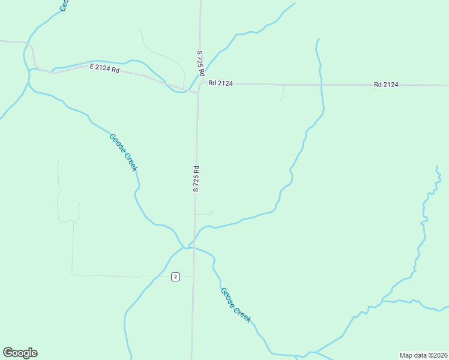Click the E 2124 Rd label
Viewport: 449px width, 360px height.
click(105, 68)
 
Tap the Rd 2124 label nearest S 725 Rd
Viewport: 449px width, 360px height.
click(220, 83)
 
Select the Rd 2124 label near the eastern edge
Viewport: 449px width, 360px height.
click(386, 85)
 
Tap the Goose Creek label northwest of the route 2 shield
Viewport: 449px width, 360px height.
click(124, 152)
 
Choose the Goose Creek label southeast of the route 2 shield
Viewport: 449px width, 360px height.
click(235, 305)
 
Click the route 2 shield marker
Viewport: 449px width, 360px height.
click(175, 277)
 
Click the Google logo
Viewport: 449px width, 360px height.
click(20, 353)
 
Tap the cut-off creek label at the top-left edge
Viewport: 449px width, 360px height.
click(64, 5)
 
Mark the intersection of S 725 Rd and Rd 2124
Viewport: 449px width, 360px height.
click(199, 85)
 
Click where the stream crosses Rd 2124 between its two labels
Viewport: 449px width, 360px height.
click(322, 85)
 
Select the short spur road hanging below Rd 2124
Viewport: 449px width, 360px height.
click(283, 93)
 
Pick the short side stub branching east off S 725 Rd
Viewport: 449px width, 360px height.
click(204, 213)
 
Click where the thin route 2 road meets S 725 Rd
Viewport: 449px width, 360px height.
click(193, 277)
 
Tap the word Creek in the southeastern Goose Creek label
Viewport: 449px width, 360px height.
click(241, 314)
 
